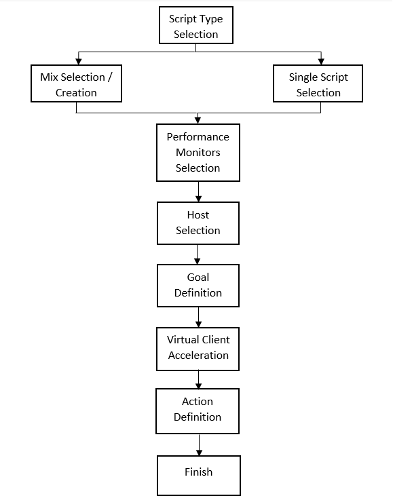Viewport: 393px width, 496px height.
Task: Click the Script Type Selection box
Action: point(195,26)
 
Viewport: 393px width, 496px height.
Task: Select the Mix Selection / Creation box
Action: point(76,84)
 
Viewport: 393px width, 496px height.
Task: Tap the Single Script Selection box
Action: point(318,84)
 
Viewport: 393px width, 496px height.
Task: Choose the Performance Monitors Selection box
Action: point(198,152)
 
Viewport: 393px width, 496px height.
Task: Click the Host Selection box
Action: point(198,223)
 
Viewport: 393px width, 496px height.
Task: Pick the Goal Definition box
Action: point(198,285)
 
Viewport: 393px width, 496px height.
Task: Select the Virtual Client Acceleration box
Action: point(198,347)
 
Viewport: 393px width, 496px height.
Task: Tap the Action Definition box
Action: point(198,409)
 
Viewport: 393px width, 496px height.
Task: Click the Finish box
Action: point(198,473)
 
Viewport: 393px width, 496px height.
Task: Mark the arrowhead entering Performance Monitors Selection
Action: point(198,120)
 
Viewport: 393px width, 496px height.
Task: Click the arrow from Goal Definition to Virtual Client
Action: point(198,317)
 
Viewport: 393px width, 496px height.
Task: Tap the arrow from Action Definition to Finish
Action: point(198,444)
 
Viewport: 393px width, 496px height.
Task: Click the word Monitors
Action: point(198,152)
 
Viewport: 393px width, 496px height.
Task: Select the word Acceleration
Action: point(198,355)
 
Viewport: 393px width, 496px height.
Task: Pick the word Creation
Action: point(76,92)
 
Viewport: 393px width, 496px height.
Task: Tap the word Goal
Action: point(198,277)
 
